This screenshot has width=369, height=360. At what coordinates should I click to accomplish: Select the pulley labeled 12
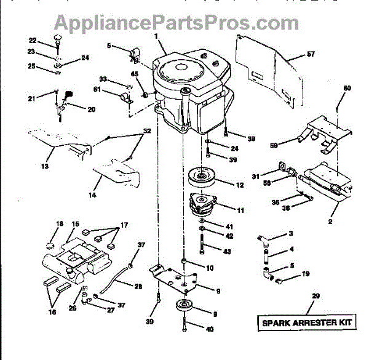point(202,177)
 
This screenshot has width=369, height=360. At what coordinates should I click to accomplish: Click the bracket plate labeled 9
point(175,278)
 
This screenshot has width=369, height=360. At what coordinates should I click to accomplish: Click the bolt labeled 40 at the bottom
point(184,326)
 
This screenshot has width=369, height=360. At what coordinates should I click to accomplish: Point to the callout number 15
point(76,224)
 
